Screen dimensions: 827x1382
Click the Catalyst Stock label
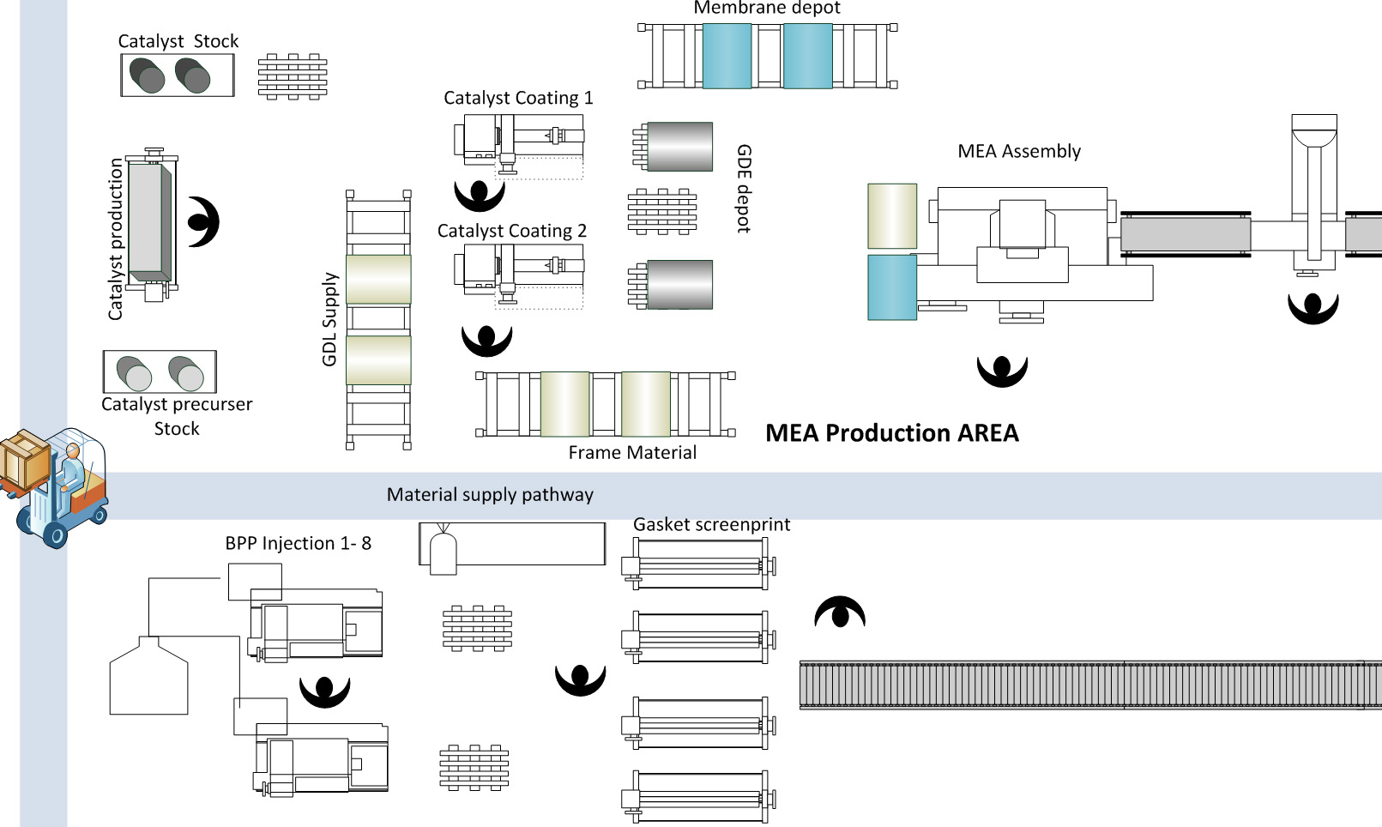(178, 41)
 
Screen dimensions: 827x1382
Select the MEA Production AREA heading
(891, 433)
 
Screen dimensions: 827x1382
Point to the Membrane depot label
(766, 9)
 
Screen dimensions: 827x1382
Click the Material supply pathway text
(490, 495)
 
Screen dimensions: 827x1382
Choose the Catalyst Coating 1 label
(518, 98)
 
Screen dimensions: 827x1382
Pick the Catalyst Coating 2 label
(511, 231)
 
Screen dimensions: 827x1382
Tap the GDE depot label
(744, 189)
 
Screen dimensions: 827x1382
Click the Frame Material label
(632, 453)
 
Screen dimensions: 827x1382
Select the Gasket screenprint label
(711, 524)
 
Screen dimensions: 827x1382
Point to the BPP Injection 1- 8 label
(298, 543)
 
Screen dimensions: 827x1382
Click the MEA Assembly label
(1018, 152)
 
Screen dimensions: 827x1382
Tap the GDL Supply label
(329, 319)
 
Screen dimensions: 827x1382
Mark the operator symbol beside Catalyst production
(204, 222)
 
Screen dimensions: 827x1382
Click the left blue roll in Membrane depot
(727, 57)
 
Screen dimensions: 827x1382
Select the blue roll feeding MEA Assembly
(892, 287)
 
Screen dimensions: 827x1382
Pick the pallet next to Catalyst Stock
(293, 76)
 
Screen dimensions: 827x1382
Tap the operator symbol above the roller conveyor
(840, 613)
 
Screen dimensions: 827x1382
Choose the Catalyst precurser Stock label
(177, 416)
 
